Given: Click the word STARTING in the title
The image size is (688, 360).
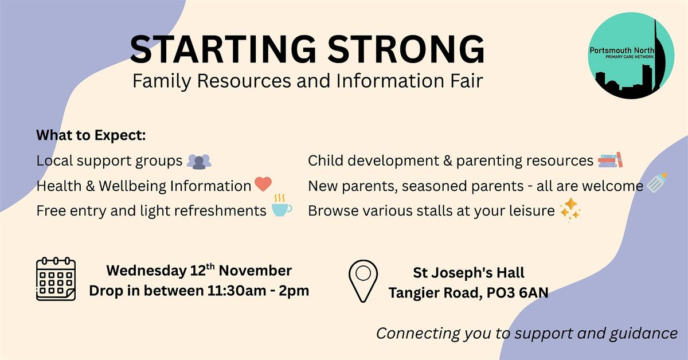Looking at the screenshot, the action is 223,49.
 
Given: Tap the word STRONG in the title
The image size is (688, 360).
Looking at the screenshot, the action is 406,49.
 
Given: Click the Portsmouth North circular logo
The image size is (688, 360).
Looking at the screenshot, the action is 631,56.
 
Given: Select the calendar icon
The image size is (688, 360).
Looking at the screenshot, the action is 56,279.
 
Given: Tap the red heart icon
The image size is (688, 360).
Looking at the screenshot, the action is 263,184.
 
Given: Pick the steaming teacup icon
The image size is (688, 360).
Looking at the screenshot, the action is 282,205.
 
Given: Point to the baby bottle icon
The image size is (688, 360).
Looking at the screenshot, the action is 657,182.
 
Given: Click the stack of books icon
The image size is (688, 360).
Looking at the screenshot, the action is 610,160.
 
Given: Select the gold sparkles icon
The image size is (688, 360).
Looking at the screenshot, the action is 570,210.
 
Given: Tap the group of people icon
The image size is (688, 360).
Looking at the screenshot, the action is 199,162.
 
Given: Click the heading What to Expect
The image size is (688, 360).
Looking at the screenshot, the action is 91,135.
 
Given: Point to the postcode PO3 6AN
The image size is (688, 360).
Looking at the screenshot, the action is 518,292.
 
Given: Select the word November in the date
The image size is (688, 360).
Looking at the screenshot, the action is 255,271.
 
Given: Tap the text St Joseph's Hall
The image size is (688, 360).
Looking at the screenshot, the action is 469,273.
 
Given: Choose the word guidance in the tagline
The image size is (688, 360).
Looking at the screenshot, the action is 643,334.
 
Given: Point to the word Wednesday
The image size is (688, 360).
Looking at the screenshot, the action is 147,271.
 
